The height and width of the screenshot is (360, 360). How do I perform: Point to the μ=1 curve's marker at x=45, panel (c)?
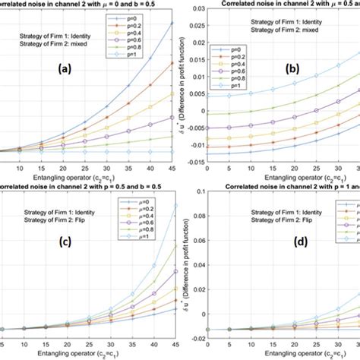point(171,205)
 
